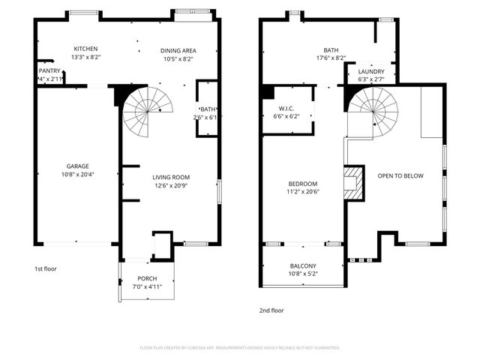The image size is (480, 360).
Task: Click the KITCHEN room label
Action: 85,49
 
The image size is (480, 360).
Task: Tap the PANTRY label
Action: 49,70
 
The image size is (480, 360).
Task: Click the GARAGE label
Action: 77,166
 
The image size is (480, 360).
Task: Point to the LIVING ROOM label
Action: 171,177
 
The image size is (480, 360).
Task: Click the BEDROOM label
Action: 303,184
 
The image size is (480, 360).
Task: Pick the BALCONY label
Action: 303,265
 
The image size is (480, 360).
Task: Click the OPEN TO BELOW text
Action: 400,176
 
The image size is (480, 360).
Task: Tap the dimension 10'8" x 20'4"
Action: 77,175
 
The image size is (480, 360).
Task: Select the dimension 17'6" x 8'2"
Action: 331,58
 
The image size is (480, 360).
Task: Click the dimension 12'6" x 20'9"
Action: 171,185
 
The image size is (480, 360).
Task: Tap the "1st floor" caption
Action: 46,268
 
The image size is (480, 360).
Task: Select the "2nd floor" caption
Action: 272,310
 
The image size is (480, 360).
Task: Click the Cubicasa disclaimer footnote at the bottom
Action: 240,347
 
